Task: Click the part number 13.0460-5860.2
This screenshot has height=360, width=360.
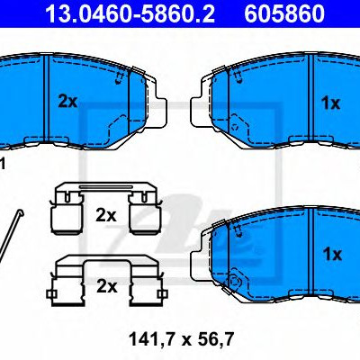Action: click(x=130, y=13)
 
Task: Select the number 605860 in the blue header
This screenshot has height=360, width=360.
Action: click(x=284, y=13)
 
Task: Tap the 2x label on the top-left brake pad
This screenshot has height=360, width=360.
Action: click(x=67, y=102)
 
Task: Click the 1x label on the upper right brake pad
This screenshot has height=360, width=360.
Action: click(x=330, y=103)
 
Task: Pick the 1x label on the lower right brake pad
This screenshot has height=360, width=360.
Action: click(x=332, y=255)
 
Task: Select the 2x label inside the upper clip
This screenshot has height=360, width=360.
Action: click(x=105, y=215)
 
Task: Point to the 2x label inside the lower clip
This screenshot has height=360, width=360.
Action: click(x=106, y=286)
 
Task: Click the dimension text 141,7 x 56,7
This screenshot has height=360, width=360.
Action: click(x=181, y=340)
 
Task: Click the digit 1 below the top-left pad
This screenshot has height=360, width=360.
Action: click(x=3, y=165)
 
